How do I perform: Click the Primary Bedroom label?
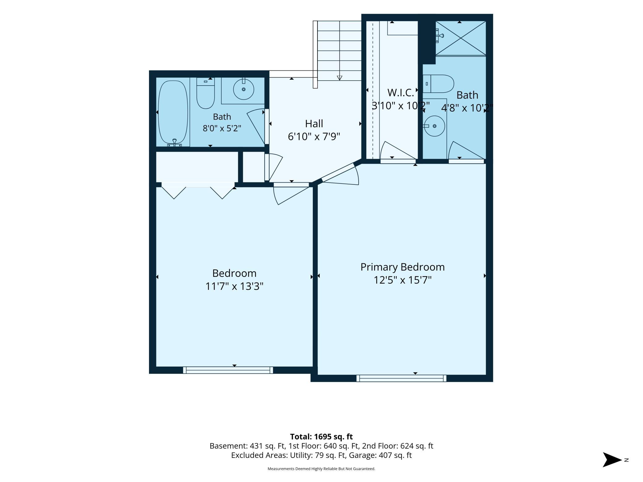[x=402, y=267]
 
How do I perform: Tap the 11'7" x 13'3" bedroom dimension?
[x=234, y=286]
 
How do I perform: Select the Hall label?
[x=314, y=124]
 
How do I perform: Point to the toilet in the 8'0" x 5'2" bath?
[x=206, y=93]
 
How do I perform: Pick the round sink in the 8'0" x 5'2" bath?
[x=244, y=89]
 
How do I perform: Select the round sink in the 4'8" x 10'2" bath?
[x=434, y=126]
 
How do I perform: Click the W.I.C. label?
[x=401, y=92]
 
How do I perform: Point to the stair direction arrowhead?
[x=339, y=78]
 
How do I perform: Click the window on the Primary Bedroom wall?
[x=401, y=378]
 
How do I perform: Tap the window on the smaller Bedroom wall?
[x=228, y=370]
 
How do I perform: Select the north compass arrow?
[x=612, y=460]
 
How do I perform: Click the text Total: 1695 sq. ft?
[x=321, y=437]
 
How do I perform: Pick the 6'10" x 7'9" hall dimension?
[x=314, y=137]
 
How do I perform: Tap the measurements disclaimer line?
[x=321, y=469]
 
